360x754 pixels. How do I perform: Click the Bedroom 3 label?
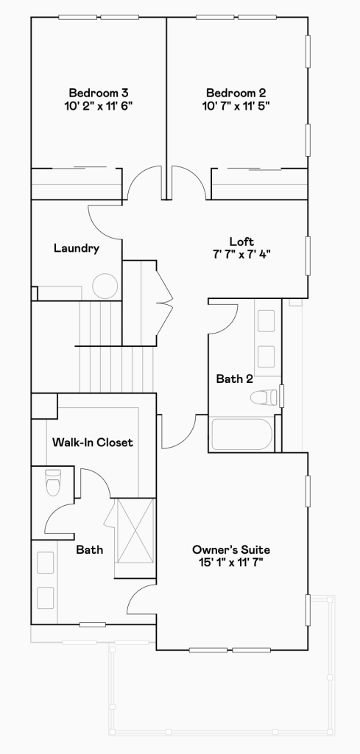(98, 92)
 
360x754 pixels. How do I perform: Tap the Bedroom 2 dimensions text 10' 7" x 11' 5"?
(236, 105)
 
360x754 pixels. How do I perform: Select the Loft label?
(241, 242)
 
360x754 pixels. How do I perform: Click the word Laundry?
(77, 248)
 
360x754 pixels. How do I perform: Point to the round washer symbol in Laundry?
(105, 286)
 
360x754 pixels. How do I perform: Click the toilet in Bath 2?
(264, 397)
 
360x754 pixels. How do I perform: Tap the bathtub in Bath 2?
(241, 434)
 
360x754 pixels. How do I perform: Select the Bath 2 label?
(234, 379)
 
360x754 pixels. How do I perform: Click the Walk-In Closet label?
(92, 442)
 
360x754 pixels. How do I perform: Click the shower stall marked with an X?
(135, 530)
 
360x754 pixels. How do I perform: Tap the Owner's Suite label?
(231, 549)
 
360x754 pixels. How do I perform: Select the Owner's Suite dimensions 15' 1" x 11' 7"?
(231, 563)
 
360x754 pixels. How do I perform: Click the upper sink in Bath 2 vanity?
(267, 321)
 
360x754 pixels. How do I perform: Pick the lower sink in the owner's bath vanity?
(45, 598)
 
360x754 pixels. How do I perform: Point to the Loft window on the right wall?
(308, 256)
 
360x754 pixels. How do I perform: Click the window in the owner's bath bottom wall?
(93, 625)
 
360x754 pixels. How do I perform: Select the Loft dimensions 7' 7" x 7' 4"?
(241, 254)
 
